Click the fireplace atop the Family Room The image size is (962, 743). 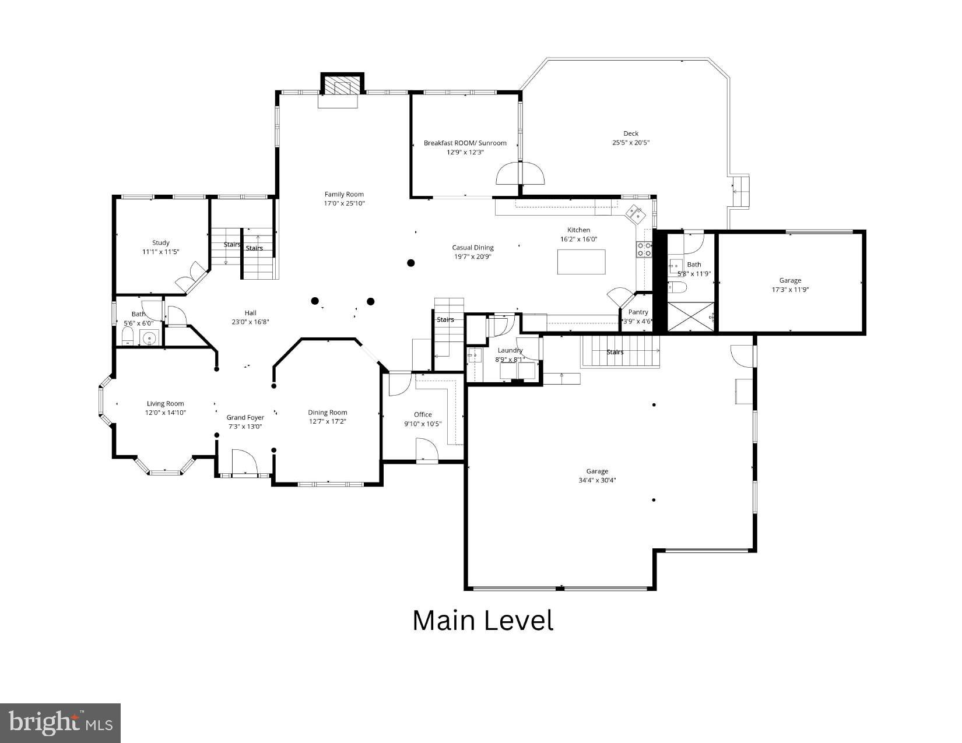(342, 86)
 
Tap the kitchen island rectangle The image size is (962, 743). (581, 262)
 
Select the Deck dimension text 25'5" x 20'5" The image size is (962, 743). (630, 142)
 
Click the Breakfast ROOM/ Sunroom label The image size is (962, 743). (465, 143)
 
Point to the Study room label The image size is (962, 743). (161, 242)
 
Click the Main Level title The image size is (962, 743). (482, 621)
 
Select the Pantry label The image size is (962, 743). (638, 312)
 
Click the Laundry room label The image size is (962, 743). (510, 350)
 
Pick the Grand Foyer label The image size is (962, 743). (245, 417)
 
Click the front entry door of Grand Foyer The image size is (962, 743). (244, 464)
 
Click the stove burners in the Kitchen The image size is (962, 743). (644, 249)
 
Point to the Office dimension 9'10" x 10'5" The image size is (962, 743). (423, 424)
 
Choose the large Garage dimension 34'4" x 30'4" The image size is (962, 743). (597, 480)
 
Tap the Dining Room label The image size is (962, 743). (327, 412)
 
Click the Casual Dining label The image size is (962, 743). (472, 248)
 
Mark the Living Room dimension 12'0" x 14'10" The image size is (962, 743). (165, 413)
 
